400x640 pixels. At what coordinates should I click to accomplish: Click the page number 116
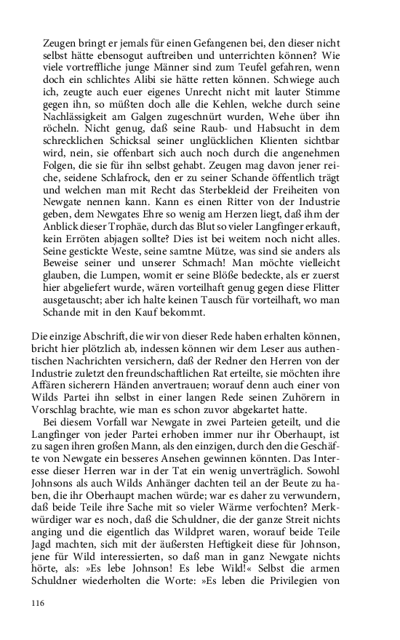tap(39, 603)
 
